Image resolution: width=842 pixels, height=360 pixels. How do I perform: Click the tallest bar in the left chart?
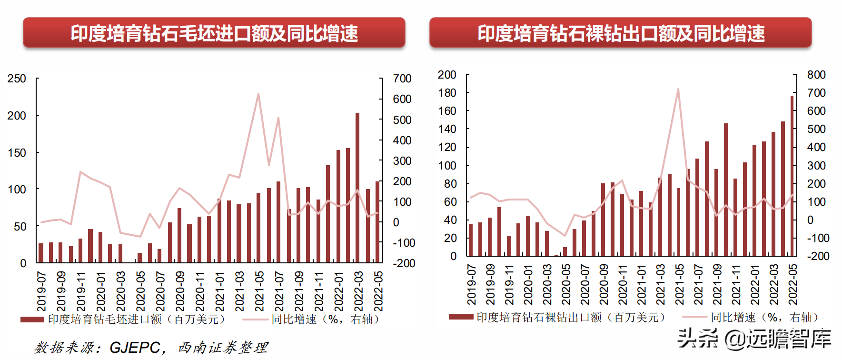click(357, 188)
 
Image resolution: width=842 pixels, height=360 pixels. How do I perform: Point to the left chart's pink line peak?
click(258, 94)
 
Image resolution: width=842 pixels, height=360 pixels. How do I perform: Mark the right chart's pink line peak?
click(678, 89)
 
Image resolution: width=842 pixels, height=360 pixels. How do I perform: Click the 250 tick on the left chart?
click(17, 79)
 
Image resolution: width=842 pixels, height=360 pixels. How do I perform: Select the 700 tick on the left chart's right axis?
click(402, 79)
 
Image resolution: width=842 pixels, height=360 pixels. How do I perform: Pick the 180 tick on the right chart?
click(447, 93)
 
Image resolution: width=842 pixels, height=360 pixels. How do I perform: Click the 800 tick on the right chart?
click(816, 75)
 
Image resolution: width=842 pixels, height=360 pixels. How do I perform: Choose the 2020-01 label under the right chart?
click(528, 285)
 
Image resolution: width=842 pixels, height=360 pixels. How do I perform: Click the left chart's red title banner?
click(214, 33)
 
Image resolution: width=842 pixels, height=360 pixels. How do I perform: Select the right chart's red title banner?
click(621, 33)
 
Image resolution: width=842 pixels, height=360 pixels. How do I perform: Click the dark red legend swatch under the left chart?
click(32, 320)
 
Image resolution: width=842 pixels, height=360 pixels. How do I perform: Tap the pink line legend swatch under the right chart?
click(695, 317)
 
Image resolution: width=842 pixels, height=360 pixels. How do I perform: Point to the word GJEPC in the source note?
click(135, 348)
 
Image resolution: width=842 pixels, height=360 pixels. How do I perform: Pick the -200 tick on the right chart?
click(818, 256)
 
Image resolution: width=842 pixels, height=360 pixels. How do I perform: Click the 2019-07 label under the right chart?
click(471, 285)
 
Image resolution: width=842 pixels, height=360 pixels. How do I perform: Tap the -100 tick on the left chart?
click(404, 243)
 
